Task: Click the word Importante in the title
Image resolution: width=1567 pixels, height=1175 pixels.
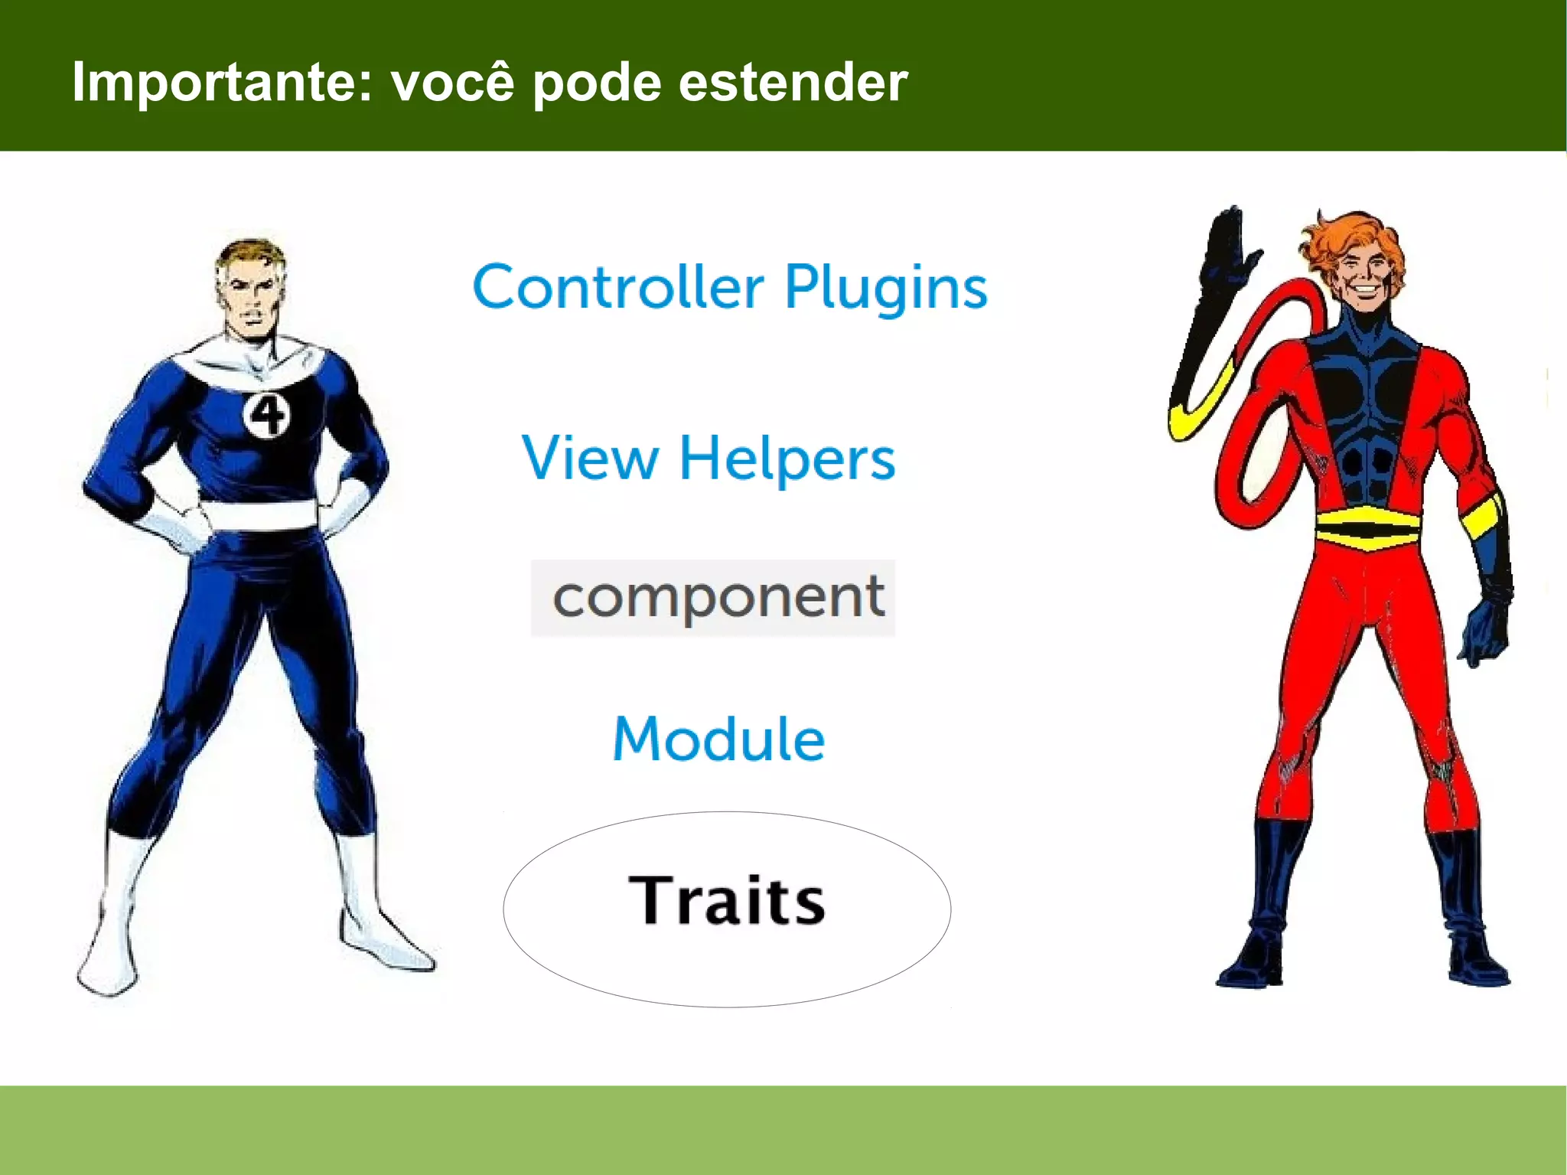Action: [x=222, y=83]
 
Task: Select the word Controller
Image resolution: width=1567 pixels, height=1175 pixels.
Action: [x=618, y=288]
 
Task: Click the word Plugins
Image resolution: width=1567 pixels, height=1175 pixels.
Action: [x=886, y=288]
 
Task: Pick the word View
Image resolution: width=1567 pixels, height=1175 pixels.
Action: [x=590, y=458]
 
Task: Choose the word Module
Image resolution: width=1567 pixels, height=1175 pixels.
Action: [x=718, y=739]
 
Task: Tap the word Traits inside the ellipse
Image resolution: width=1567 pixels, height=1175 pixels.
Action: [x=726, y=901]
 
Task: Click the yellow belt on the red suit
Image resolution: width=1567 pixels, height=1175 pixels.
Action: [x=1367, y=527]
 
